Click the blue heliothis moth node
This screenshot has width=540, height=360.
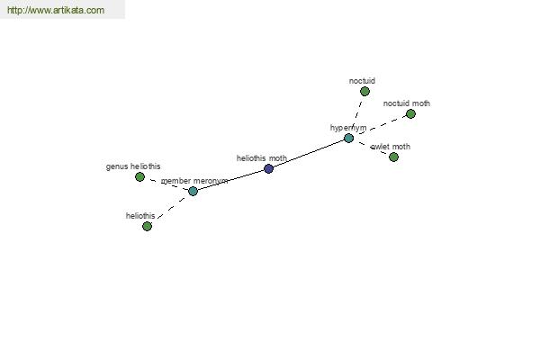click(x=268, y=169)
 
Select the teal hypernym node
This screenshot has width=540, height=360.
click(x=348, y=138)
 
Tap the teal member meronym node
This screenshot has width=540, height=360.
click(x=193, y=191)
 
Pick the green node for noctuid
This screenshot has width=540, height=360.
click(x=364, y=91)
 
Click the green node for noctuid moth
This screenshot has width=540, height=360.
click(x=410, y=113)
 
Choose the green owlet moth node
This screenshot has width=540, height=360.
click(x=393, y=157)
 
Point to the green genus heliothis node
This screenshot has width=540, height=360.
click(x=139, y=176)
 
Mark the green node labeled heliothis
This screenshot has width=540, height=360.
click(x=147, y=226)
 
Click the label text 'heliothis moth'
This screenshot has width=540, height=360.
click(x=262, y=158)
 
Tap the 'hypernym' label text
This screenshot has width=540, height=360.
click(x=348, y=128)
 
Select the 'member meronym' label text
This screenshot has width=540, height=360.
click(x=194, y=181)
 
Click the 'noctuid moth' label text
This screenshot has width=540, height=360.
click(x=407, y=103)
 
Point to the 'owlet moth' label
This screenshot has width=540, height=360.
click(x=391, y=147)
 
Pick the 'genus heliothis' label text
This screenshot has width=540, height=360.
click(x=133, y=166)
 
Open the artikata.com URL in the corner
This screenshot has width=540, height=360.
click(x=56, y=10)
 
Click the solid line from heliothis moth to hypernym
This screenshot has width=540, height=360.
click(x=309, y=154)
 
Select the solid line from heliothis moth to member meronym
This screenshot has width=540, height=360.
click(x=230, y=180)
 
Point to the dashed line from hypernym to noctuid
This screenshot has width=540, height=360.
click(x=356, y=114)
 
